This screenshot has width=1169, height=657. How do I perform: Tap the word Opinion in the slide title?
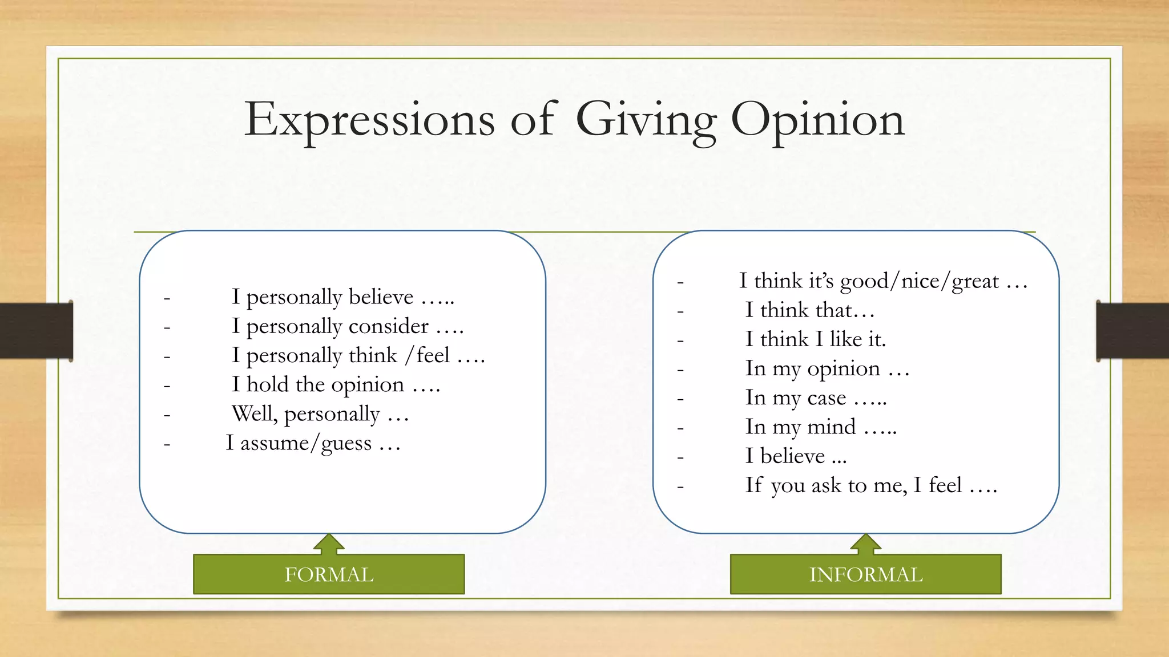(817, 120)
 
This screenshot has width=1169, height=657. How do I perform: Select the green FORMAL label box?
(329, 574)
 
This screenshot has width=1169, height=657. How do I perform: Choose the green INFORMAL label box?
(865, 574)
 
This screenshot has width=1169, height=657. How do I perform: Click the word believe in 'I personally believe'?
(381, 297)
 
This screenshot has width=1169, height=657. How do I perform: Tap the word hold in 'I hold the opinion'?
(267, 384)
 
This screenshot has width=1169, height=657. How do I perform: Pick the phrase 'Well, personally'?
(305, 414)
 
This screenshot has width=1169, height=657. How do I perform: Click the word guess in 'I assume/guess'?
(346, 444)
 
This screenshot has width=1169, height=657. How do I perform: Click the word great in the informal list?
(975, 281)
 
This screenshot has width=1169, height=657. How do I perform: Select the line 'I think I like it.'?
(815, 339)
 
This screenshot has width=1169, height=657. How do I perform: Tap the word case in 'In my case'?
(827, 398)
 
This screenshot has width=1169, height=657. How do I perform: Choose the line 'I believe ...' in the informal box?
(795, 456)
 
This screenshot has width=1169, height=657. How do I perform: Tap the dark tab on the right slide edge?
(1132, 331)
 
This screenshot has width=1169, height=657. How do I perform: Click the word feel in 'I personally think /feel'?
(433, 355)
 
